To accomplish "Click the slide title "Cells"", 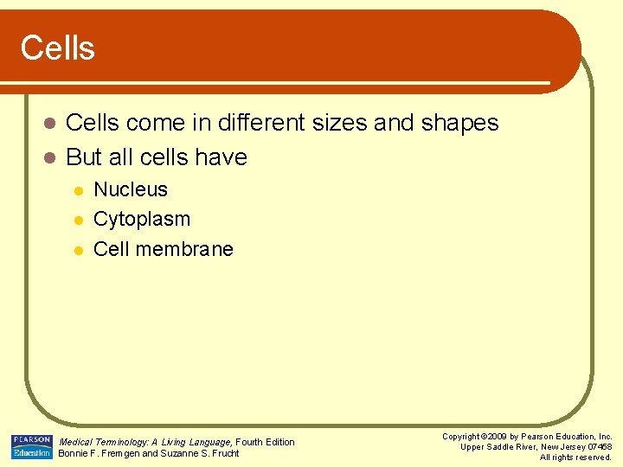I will [x=57, y=48].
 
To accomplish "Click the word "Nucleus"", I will [x=131, y=189].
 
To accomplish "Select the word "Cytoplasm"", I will [x=141, y=220].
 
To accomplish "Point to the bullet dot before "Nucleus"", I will [x=77, y=191].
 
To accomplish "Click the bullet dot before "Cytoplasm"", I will [x=77, y=221].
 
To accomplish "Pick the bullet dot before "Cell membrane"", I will [x=77, y=250].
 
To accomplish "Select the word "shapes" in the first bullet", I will [x=459, y=124].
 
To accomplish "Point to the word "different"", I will [x=259, y=123].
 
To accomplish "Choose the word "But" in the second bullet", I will [x=84, y=157].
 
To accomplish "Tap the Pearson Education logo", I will [x=31, y=446].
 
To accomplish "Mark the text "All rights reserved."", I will [x=575, y=457].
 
